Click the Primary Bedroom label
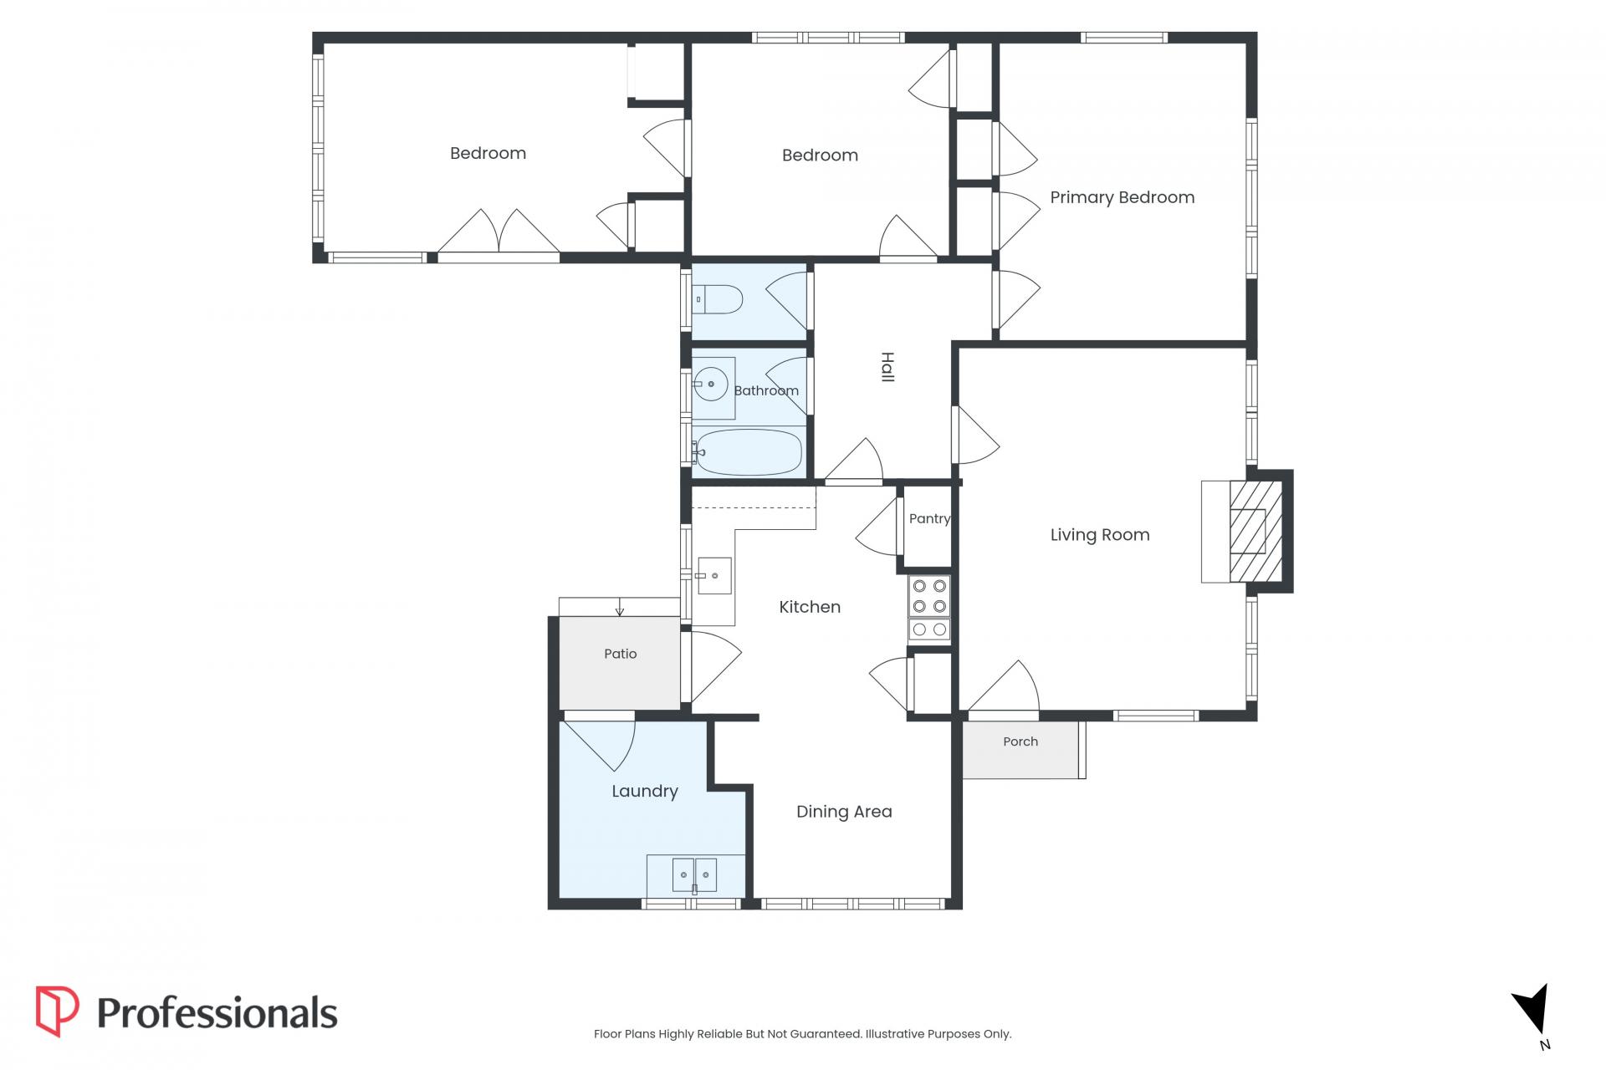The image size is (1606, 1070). pyautogui.click(x=1122, y=197)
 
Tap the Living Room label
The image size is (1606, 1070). pyautogui.click(x=1100, y=535)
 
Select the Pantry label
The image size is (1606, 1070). pyautogui.click(x=929, y=518)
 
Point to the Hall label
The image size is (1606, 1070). pyautogui.click(x=887, y=368)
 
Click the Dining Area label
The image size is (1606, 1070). pyautogui.click(x=844, y=812)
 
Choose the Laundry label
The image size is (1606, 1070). pyautogui.click(x=644, y=792)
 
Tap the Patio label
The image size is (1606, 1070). pyautogui.click(x=621, y=654)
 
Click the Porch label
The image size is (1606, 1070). pyautogui.click(x=1020, y=741)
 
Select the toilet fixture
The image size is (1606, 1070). pyautogui.click(x=718, y=299)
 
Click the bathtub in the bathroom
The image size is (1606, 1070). pyautogui.click(x=748, y=452)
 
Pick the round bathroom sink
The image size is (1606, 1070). pyautogui.click(x=711, y=385)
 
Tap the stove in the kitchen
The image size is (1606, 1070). pyautogui.click(x=929, y=609)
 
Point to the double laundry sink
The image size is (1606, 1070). pyautogui.click(x=694, y=874)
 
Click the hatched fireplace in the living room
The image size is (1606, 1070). pyautogui.click(x=1255, y=532)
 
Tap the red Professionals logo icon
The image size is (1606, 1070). pyautogui.click(x=57, y=1011)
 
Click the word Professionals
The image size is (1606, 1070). pyautogui.click(x=217, y=1012)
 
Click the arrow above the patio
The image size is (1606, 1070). pyautogui.click(x=620, y=607)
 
